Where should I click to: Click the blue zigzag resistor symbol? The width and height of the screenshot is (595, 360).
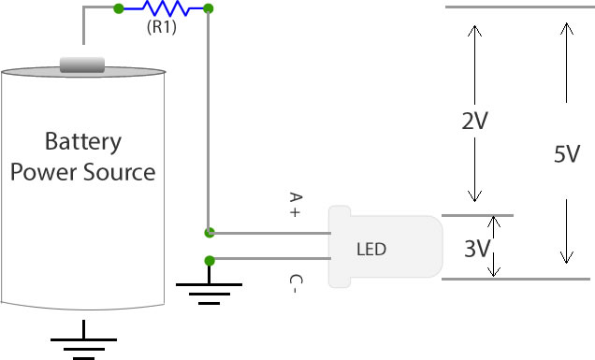163,9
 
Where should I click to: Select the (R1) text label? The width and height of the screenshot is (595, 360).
163,27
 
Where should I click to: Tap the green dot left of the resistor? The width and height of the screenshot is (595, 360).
118,9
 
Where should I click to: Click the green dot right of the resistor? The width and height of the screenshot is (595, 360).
208,9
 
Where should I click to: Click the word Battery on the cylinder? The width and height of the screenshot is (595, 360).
83,142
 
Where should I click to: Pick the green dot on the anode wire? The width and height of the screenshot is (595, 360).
209,231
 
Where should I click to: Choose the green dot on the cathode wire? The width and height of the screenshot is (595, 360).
209,259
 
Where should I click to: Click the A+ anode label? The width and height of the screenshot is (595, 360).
295,206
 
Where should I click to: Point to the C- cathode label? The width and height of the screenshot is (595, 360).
295,284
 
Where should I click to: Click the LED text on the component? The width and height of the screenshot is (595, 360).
371,250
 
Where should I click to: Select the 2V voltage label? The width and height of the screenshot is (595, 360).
475,122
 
